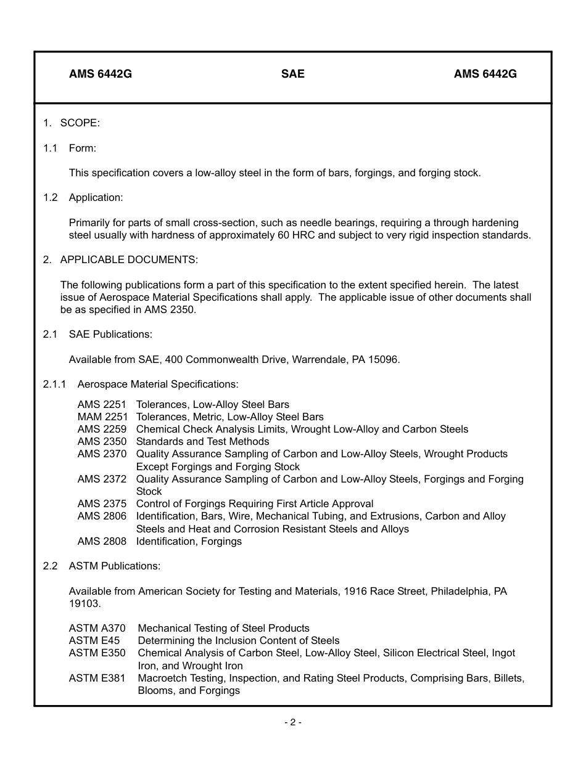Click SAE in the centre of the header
pos(293,74)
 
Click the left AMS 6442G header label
pos(101,74)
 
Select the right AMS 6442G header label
pos(485,74)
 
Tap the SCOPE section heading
pos(80,123)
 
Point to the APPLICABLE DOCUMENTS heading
pos(129,259)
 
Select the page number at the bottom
pos(293,722)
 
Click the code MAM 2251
pos(102,417)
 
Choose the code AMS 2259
pos(102,429)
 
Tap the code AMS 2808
pos(102,541)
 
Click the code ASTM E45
pos(94,640)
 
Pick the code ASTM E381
pos(97,678)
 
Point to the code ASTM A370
pos(97,628)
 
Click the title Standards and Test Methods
pos(202,441)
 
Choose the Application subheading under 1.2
pos(96,197)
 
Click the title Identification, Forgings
pos(189,541)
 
